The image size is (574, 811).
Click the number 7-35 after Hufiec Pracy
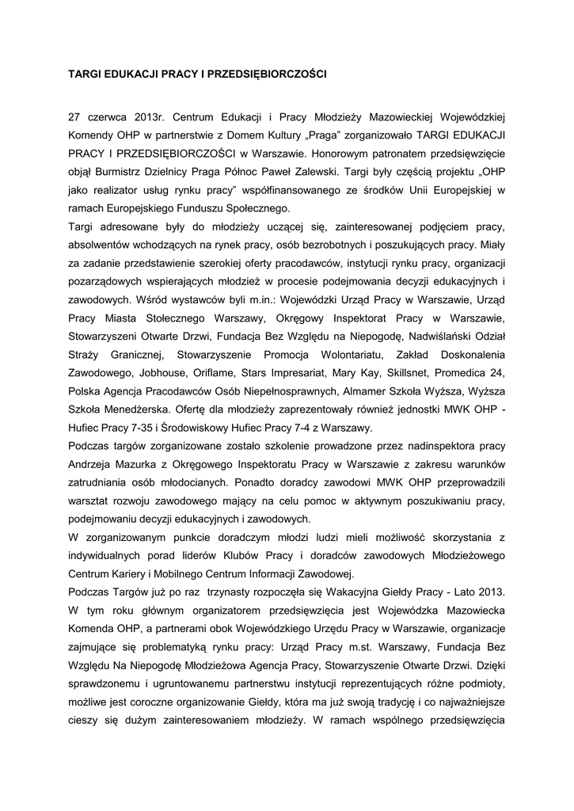(135, 428)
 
